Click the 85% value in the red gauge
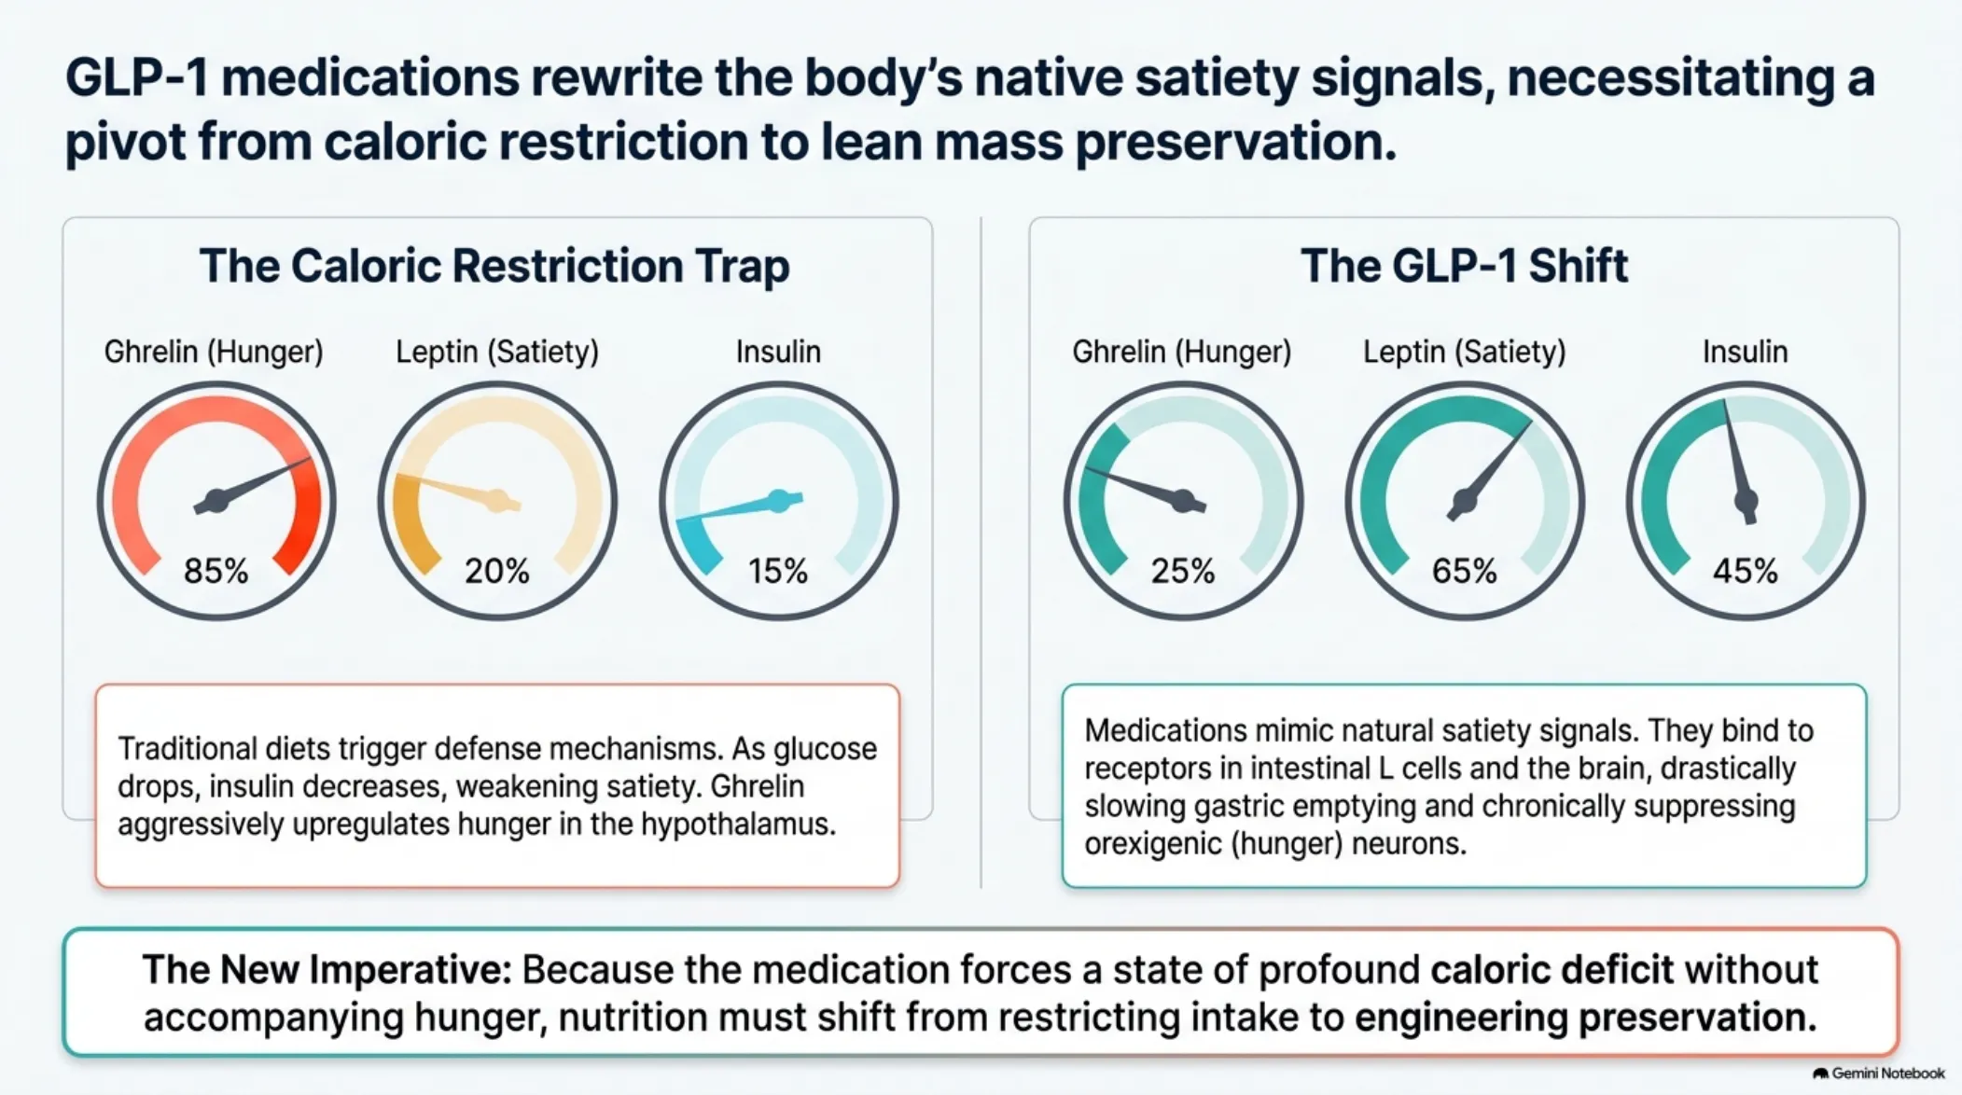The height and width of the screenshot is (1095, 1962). click(x=216, y=570)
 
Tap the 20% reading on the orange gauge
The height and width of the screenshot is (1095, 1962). click(x=497, y=570)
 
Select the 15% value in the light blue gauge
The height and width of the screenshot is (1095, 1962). click(x=778, y=570)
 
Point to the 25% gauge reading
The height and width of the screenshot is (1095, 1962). click(x=1183, y=570)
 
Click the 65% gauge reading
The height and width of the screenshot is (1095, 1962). click(x=1465, y=570)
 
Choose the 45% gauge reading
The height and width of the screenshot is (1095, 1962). click(x=1746, y=570)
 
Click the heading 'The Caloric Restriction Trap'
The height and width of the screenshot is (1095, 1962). click(x=494, y=266)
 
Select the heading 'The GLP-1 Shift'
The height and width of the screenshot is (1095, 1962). click(x=1465, y=266)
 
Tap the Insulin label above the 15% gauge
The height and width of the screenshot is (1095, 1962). click(x=778, y=352)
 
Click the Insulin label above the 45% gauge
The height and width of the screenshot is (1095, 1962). click(x=1746, y=352)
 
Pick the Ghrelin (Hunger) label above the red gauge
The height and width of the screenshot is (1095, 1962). click(x=214, y=353)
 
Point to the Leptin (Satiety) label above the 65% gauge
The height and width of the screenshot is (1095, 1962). click(x=1465, y=353)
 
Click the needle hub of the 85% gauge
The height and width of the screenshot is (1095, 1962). click(x=216, y=501)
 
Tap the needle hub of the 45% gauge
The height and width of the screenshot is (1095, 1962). click(x=1746, y=503)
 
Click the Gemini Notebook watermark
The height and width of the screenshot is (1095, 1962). click(x=1879, y=1074)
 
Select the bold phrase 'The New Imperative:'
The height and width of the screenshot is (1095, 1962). click(x=327, y=970)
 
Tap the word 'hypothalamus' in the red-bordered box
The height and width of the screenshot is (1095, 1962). click(x=738, y=825)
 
